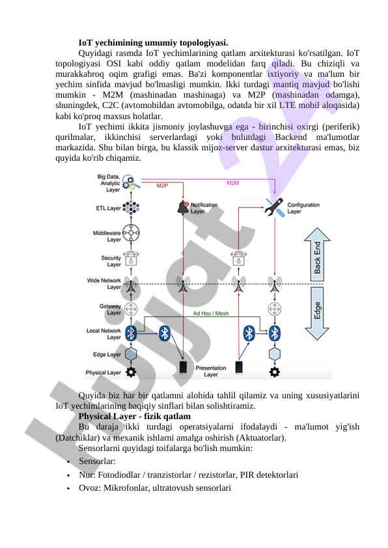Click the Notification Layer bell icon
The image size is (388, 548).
tap(183, 207)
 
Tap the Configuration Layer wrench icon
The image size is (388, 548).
tap(274, 207)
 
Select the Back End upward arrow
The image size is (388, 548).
tap(317, 254)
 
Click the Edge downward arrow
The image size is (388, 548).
tap(317, 313)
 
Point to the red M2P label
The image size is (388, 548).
tap(162, 185)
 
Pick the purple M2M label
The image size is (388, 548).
tap(233, 183)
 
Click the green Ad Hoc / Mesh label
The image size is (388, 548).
tap(211, 314)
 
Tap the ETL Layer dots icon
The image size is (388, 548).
tap(131, 208)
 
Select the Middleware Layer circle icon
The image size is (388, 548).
tap(131, 233)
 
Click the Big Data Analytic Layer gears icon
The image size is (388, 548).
tap(131, 182)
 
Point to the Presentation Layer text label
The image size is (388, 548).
tap(211, 371)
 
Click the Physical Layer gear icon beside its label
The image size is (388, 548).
tap(131, 372)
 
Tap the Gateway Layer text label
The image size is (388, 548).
tap(110, 309)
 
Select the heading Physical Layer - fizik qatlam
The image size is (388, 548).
tap(135, 417)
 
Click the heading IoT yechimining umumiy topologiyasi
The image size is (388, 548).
tap(153, 43)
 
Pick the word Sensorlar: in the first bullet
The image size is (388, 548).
tap(97, 461)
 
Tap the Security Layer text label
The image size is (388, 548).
tap(111, 261)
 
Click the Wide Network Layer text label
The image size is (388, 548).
tap(104, 283)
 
